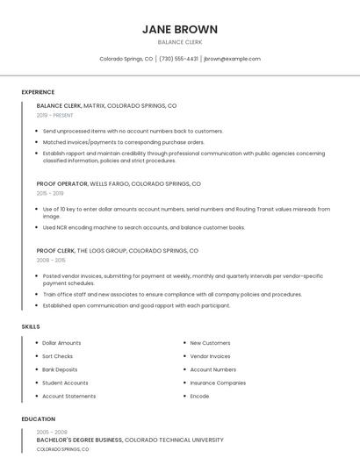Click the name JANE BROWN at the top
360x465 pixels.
180,29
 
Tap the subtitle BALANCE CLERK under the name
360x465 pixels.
180,41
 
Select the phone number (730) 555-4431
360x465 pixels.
178,59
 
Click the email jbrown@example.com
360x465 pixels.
232,59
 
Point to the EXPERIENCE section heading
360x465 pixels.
38,92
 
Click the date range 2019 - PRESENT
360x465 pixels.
54,115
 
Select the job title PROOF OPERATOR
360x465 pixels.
62,184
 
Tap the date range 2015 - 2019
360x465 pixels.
50,193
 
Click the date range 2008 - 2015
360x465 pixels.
50,260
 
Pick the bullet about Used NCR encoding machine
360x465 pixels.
144,227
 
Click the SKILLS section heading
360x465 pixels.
31,326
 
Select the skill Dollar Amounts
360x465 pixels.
61,343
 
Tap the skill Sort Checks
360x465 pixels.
58,356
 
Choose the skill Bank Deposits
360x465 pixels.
60,369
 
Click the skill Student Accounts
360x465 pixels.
65,383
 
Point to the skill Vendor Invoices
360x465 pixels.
210,356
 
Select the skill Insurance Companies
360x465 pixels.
218,383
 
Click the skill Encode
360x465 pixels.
199,396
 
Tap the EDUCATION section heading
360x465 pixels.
38,419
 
